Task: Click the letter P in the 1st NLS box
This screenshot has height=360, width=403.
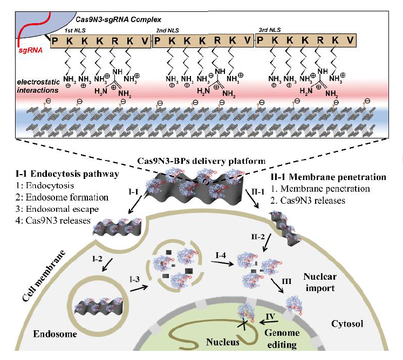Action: (55, 40)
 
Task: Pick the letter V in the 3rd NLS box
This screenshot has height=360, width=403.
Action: (351, 40)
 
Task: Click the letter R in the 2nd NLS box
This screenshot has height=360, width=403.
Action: (217, 40)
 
